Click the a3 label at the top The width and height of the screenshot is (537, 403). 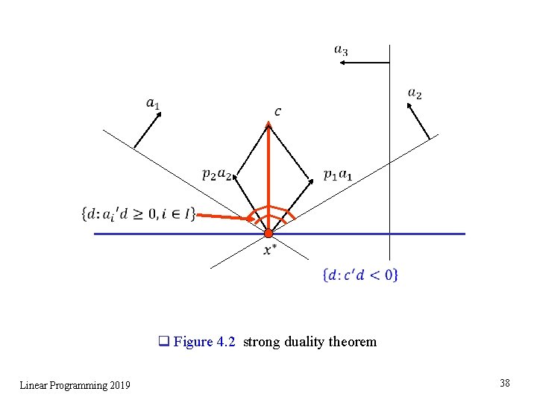[x=341, y=50]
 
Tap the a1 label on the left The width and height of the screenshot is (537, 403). [x=153, y=102]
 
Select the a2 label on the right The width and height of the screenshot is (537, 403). [x=415, y=94]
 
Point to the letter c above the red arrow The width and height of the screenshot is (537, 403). [x=277, y=112]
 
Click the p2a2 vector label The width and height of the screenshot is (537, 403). [x=217, y=174]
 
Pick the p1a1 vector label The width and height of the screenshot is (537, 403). [x=339, y=174]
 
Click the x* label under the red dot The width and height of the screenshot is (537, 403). [x=270, y=250]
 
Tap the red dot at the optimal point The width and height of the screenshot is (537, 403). [x=268, y=234]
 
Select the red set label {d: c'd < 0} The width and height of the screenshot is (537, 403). [x=360, y=275]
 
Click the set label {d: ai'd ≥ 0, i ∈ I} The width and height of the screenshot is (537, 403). [x=138, y=214]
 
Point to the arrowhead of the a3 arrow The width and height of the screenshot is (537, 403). [x=342, y=63]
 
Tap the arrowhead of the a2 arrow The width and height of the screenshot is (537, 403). [x=409, y=105]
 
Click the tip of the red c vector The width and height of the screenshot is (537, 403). [x=268, y=124]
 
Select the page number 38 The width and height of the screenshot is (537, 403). [x=505, y=383]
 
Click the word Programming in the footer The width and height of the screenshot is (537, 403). [x=77, y=385]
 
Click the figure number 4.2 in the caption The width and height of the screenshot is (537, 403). [x=226, y=342]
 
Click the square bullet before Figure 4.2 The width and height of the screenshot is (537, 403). [x=163, y=342]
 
